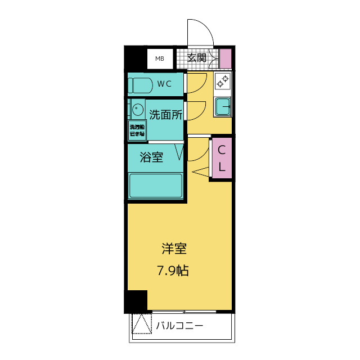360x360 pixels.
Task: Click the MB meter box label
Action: (x=160, y=58)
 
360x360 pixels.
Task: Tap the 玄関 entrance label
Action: (x=196, y=58)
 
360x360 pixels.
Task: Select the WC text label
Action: (x=164, y=84)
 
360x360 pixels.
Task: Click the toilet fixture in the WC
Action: (x=140, y=85)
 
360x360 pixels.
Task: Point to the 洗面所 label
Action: (x=165, y=115)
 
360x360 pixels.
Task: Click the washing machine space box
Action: (x=137, y=130)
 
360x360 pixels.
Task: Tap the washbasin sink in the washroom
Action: (x=137, y=108)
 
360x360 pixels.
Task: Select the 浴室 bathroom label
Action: (x=151, y=157)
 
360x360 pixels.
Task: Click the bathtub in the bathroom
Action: (x=156, y=186)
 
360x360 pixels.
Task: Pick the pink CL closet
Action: (x=221, y=159)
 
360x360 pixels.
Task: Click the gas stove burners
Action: (x=222, y=82)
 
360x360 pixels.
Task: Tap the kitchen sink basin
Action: (x=223, y=106)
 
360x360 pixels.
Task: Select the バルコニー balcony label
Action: (x=179, y=326)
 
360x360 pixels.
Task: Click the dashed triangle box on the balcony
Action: (x=142, y=324)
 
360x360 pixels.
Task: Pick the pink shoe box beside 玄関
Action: (x=225, y=58)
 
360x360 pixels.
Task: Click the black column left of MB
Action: (x=135, y=58)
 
